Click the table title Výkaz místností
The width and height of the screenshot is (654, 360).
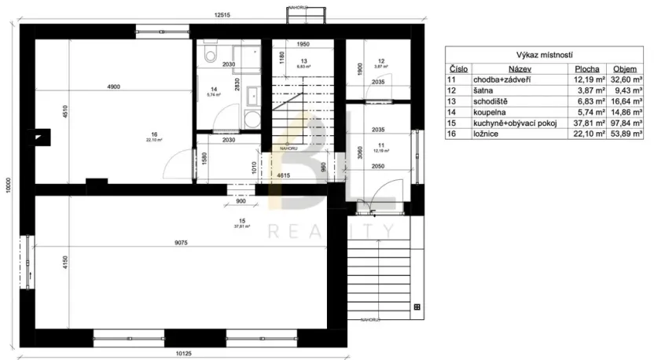click(544, 55)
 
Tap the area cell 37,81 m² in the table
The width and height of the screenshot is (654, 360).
click(585, 124)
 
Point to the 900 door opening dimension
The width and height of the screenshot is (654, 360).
click(241, 202)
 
